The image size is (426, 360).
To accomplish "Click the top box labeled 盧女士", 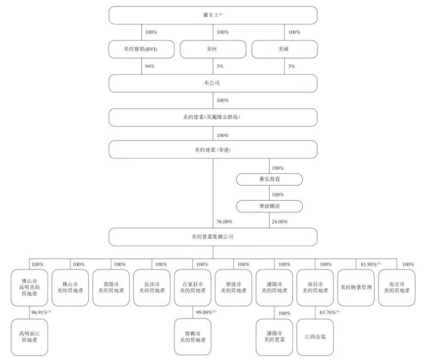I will coord(213,15).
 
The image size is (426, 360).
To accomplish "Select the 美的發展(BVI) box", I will coord(141,49).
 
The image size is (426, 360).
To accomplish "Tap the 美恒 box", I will coord(213,49).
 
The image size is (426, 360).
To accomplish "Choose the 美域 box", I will coord(285,49).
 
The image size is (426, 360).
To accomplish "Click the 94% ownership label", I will coord(150,67).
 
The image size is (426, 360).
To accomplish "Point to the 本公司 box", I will coord(213,83).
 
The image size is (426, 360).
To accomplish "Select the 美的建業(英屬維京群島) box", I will coord(213,117).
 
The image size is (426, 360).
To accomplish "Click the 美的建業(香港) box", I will coord(213,150).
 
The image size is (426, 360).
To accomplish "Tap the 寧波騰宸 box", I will coord(269,206).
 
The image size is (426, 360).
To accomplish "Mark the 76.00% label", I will coord(224,222).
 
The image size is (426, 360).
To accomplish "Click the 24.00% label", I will coord(279,222).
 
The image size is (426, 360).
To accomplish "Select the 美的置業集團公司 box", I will coord(213,237).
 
